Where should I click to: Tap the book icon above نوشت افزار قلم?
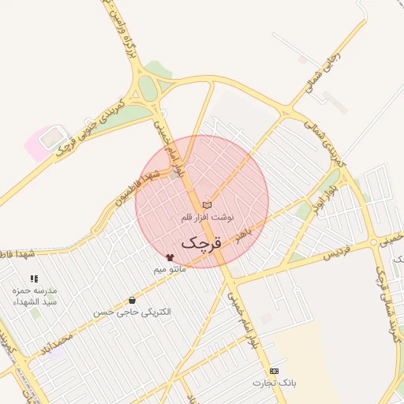click(207, 205)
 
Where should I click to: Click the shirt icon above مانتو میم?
click(170, 257)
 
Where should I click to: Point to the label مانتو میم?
click(170, 270)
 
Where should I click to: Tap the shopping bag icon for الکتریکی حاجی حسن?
click(131, 300)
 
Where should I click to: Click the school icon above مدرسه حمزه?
click(33, 279)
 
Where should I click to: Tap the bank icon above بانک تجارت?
click(274, 371)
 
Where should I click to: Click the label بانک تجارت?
click(274, 383)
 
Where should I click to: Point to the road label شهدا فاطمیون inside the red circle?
click(142, 183)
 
